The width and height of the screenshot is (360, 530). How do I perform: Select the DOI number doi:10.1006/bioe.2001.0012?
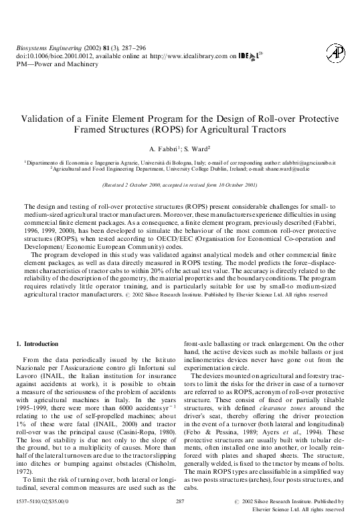click(x=50, y=58)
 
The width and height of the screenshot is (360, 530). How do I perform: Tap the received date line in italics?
click(x=179, y=183)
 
